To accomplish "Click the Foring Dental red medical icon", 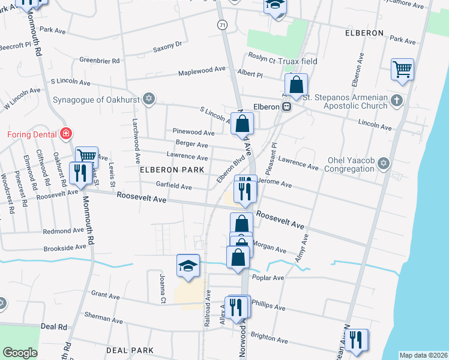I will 67,134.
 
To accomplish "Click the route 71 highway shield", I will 222,24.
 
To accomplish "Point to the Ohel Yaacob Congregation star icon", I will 384,163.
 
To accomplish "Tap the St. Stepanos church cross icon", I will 396,100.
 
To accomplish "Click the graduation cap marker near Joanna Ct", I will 188,266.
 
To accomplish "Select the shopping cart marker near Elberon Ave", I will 402,69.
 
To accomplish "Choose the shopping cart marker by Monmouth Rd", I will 87,157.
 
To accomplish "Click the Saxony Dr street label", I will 167,45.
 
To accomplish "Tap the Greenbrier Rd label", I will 100,61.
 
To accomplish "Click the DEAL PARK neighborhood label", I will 130,350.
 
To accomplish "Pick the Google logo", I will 20,353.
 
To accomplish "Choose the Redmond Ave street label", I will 63,230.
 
